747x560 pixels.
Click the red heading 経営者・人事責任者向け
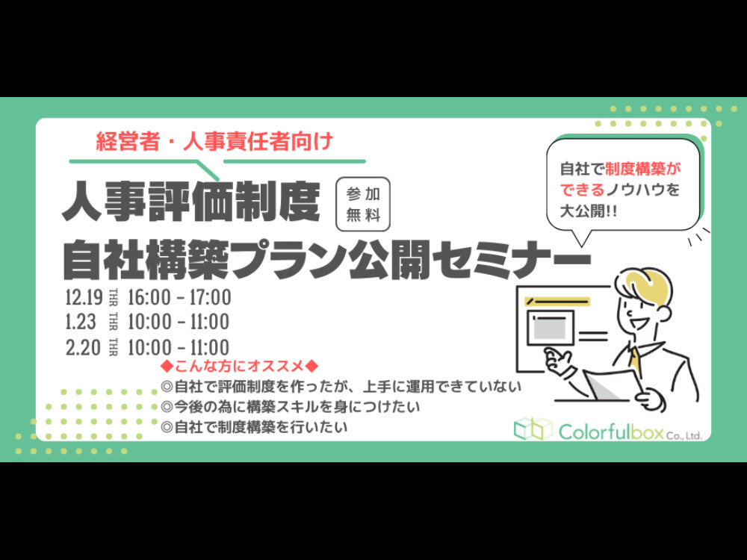214,141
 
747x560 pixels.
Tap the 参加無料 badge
363,205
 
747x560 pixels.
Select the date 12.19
84,297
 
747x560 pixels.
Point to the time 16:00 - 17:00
179,297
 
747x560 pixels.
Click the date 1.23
81,322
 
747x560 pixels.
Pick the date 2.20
84,347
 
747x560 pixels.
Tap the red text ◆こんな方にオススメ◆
240,366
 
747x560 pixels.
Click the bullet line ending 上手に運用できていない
341,386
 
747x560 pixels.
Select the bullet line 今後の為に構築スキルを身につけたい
291,407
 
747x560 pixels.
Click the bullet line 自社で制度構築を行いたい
255,426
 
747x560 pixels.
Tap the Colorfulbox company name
630,432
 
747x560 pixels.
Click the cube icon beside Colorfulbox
533,429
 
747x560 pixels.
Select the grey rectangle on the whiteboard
551,328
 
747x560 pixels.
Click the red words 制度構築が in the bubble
643,169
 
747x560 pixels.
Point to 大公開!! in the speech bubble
589,211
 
